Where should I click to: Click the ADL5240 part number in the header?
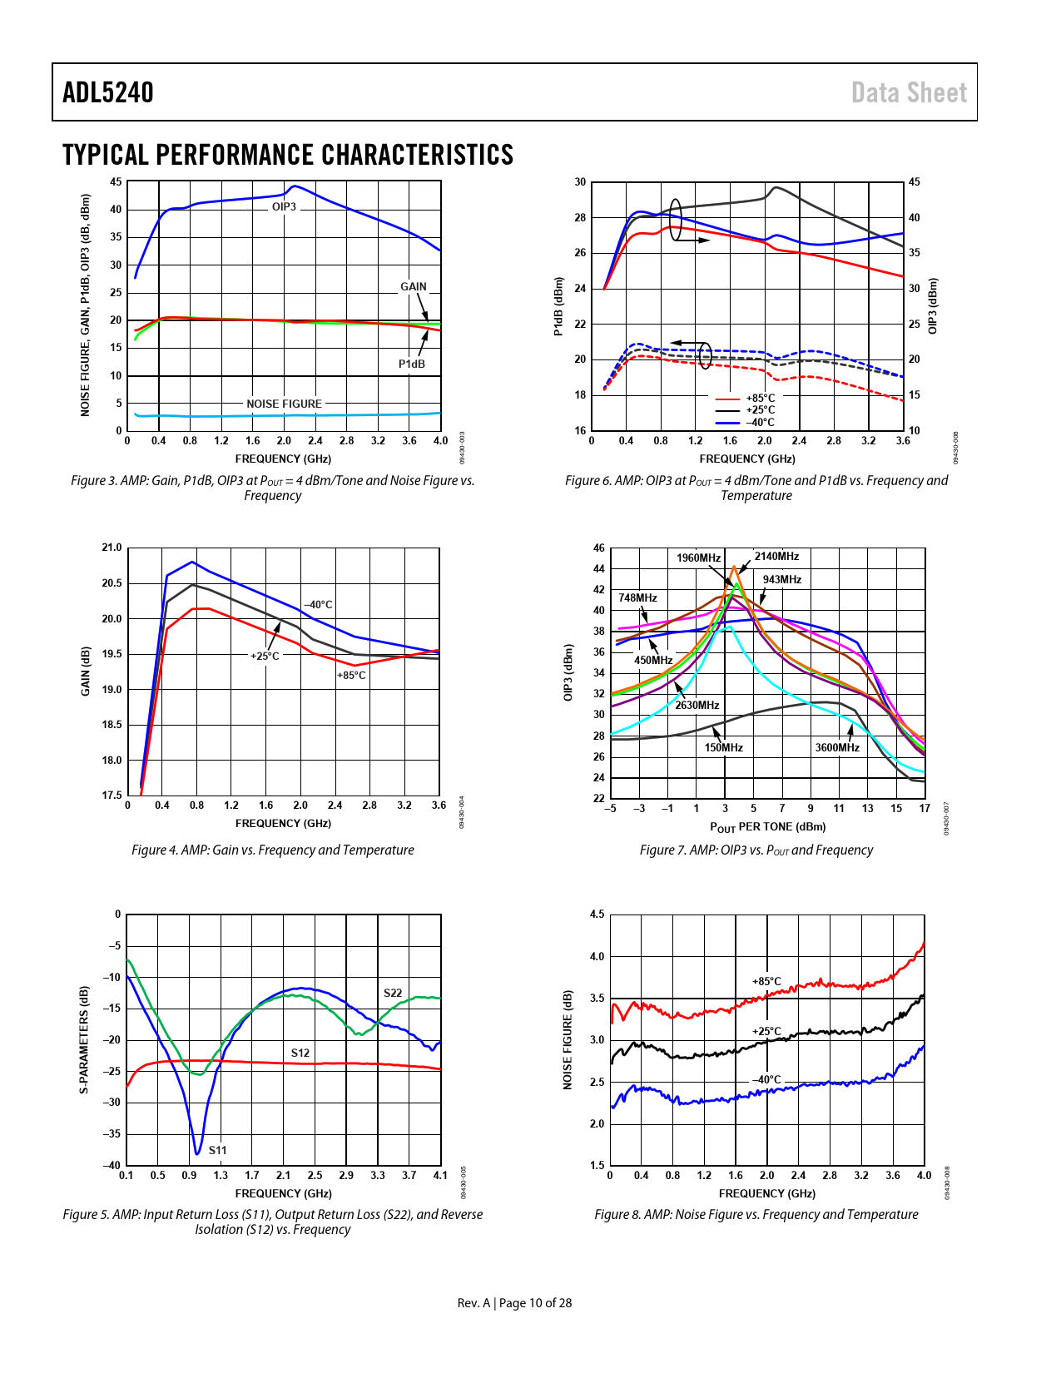pos(108,92)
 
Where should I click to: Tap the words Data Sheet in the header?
pos(909,92)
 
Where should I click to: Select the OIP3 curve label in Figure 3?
pos(284,206)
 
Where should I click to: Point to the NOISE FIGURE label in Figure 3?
pos(284,404)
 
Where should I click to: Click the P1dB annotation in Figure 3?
pos(411,364)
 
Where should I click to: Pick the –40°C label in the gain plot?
pos(318,605)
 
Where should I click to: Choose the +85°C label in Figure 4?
pos(351,675)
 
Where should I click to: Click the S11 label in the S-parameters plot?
pos(217,1150)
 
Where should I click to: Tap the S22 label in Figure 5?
pos(393,993)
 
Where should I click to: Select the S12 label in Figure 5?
pos(300,1053)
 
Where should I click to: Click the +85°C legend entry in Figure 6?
pos(760,398)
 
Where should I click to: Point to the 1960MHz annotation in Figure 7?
pos(698,558)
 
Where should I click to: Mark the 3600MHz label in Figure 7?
pos(837,747)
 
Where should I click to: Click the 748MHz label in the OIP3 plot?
pos(637,597)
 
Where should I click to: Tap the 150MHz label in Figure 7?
pos(724,747)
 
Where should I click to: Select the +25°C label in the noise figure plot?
pos(767,1031)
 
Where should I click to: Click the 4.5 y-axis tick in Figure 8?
pos(597,915)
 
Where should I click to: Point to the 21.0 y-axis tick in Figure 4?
pos(112,548)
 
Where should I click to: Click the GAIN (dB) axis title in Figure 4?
pos(86,671)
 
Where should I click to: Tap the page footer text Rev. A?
pos(474,1303)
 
